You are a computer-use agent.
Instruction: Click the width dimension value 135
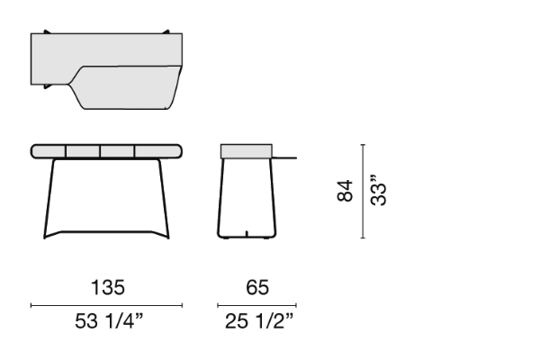click(108, 287)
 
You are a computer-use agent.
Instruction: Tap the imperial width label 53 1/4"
click(109, 321)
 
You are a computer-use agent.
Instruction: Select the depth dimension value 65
click(257, 287)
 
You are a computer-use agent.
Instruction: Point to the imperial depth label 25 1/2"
click(259, 321)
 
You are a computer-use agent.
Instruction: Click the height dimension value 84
click(345, 191)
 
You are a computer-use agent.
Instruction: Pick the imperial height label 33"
click(379, 191)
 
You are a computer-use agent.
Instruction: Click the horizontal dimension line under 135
click(106, 305)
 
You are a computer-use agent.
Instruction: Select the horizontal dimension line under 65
click(256, 305)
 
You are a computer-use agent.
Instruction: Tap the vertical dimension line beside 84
click(363, 191)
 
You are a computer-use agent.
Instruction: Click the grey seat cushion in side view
click(247, 151)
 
